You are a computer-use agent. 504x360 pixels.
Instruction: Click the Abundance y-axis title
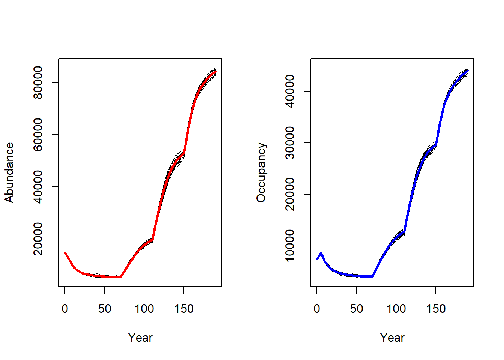(x=9, y=173)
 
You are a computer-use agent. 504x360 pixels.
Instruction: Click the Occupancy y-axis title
(x=261, y=173)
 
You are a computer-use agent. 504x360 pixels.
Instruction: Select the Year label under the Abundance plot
(x=140, y=337)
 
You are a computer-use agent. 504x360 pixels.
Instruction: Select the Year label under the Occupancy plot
(x=392, y=337)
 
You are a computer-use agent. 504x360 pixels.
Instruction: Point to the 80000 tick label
(x=38, y=82)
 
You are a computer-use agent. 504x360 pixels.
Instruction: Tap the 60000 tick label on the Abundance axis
(x=38, y=135)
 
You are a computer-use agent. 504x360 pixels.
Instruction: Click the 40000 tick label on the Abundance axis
(x=38, y=187)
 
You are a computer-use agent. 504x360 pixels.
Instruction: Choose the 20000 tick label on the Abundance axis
(x=38, y=239)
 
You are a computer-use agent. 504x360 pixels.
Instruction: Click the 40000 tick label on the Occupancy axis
(x=290, y=91)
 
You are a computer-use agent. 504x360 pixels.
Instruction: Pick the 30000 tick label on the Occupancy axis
(x=290, y=143)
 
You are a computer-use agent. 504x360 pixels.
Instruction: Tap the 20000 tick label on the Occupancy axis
(x=290, y=194)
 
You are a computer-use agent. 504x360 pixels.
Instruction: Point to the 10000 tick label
(x=290, y=246)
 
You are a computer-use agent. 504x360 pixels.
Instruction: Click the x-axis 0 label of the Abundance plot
(x=65, y=309)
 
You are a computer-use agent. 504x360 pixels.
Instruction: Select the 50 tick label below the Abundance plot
(x=105, y=309)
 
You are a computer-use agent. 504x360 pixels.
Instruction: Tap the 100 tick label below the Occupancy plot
(x=396, y=309)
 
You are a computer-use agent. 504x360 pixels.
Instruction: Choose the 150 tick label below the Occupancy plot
(x=436, y=309)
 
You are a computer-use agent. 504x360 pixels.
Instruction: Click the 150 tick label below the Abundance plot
(x=184, y=309)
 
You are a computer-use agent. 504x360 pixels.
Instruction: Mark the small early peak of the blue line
(x=321, y=253)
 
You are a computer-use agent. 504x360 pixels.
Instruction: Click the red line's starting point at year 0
(x=65, y=253)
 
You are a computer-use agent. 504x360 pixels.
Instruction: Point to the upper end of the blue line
(x=468, y=70)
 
